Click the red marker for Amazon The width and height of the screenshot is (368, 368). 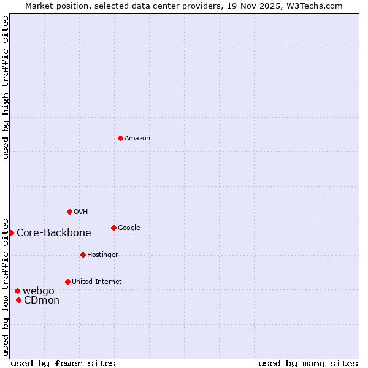[x=120, y=138]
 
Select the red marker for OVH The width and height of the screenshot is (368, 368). [x=69, y=212]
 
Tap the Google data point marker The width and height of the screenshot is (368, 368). [x=113, y=228]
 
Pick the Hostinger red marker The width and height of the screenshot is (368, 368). [x=83, y=255]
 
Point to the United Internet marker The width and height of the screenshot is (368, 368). [x=67, y=282]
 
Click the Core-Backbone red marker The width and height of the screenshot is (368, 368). [x=11, y=232]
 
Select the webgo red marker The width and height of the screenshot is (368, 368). [x=17, y=291]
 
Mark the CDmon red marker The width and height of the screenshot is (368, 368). [x=19, y=300]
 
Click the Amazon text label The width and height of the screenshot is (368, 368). [x=137, y=139]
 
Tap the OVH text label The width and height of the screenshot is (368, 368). [x=81, y=212]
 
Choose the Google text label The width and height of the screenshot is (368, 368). [x=129, y=228]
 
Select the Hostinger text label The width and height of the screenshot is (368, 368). [x=102, y=255]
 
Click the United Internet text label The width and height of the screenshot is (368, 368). [x=97, y=282]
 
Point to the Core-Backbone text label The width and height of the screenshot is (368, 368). [x=54, y=233]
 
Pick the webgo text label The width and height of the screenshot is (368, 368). [x=39, y=291]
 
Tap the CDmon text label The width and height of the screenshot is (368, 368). [x=42, y=301]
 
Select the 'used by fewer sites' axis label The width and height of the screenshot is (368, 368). [x=63, y=364]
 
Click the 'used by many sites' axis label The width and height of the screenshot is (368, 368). [x=308, y=364]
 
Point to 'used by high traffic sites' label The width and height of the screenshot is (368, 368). [x=6, y=87]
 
